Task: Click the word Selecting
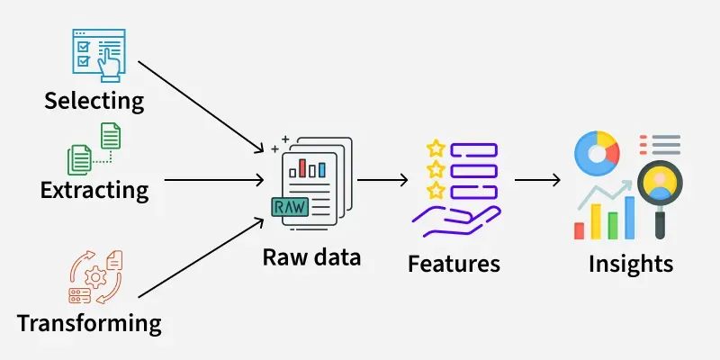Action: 94,100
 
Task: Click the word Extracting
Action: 94,190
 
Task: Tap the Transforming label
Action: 89,322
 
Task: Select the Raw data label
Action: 311,257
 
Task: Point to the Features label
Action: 454,264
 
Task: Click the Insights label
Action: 630,264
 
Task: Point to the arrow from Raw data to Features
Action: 382,178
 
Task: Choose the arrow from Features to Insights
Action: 537,178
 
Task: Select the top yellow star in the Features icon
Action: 436,147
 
